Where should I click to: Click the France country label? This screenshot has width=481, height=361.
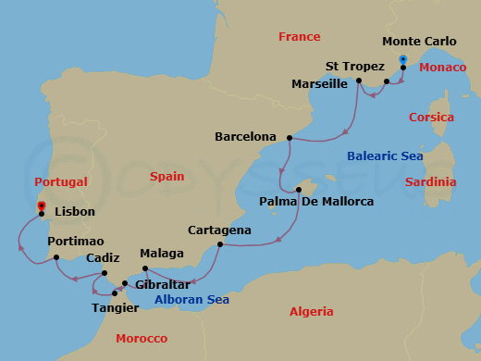click(299, 37)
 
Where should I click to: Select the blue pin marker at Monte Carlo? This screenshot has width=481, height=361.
click(403, 61)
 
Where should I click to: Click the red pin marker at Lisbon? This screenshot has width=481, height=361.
click(41, 207)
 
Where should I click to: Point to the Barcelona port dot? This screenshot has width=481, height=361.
click(290, 138)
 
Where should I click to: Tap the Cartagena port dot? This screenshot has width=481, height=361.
click(219, 244)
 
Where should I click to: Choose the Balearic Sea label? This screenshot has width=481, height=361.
click(385, 156)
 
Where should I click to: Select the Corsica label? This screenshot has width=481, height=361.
click(431, 118)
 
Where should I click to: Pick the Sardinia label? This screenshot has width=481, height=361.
click(431, 182)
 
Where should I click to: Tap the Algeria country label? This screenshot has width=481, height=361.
click(312, 312)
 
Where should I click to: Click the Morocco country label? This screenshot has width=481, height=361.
click(142, 339)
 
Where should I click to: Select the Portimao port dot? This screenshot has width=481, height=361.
click(56, 257)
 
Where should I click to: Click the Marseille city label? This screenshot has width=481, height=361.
click(317, 83)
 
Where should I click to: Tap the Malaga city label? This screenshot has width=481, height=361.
click(162, 253)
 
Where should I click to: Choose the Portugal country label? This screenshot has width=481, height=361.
click(61, 182)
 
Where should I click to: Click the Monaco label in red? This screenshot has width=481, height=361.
click(442, 68)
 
